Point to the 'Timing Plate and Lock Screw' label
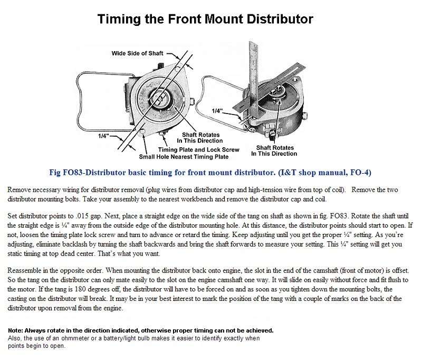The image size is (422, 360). [202, 150]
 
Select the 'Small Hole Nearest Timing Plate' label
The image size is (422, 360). [184, 157]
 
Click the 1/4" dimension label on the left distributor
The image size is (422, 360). [103, 136]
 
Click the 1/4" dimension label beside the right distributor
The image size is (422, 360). [217, 111]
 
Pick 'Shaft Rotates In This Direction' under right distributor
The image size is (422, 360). [274, 151]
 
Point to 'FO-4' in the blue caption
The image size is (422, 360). [361, 173]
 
